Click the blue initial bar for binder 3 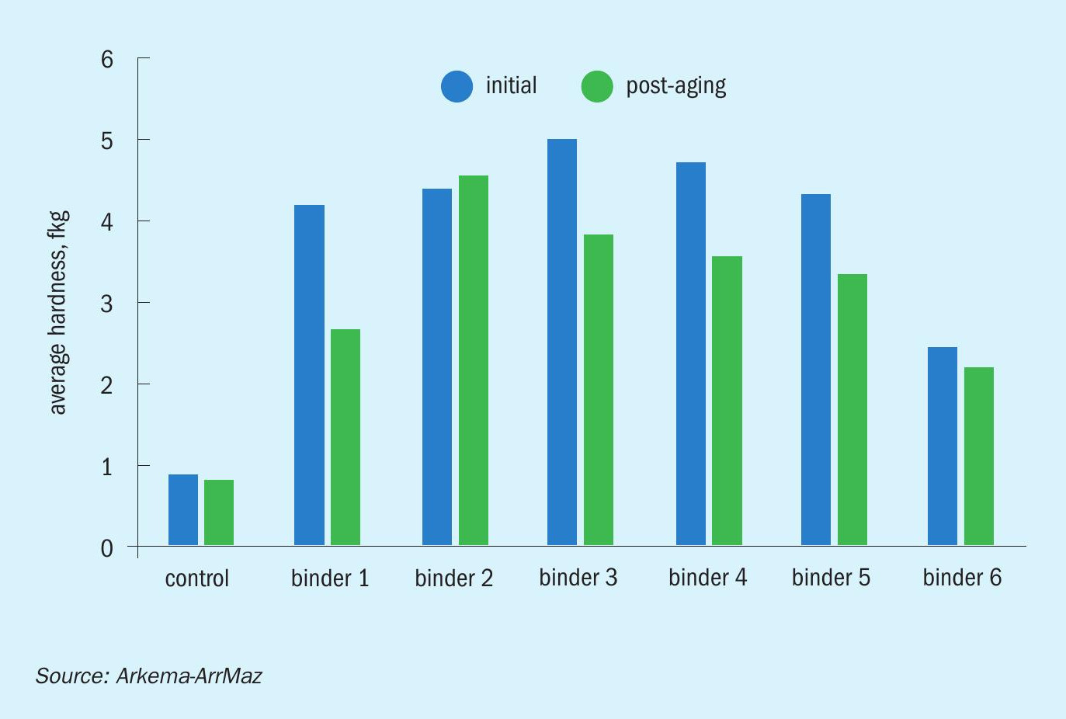(561, 342)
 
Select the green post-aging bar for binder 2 (473, 360)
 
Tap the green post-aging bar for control (219, 512)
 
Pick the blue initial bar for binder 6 (943, 446)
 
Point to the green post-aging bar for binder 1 (345, 437)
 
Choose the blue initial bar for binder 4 (691, 353)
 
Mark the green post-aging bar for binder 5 (852, 410)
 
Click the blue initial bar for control (183, 509)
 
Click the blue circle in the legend (457, 87)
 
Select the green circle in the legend (597, 87)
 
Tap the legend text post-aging (675, 87)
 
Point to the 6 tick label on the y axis (107, 60)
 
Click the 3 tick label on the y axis (107, 304)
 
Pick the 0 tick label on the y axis (107, 548)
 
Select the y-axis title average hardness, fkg (59, 313)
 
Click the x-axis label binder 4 (707, 578)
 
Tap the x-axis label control (197, 578)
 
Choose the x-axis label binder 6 (962, 578)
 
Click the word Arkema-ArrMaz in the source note (189, 676)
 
